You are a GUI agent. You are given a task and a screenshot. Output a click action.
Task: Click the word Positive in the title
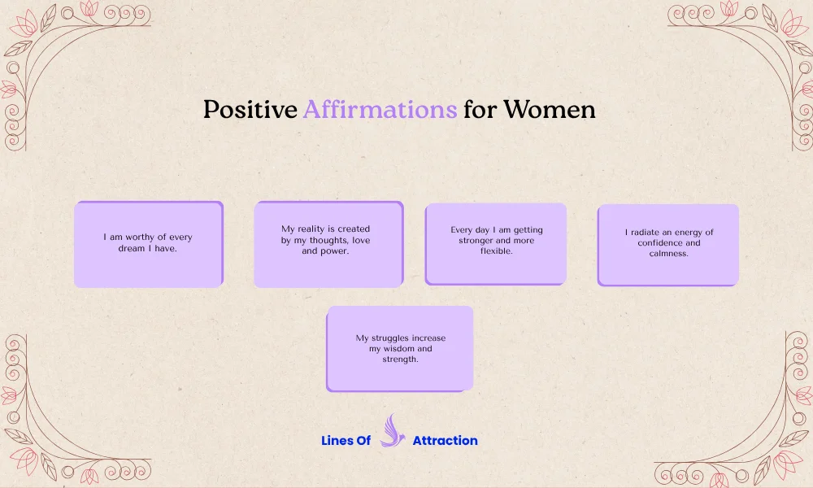pos(250,110)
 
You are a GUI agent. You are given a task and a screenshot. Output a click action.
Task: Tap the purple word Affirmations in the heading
pos(380,110)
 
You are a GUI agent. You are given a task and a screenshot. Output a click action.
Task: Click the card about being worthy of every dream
pos(148,244)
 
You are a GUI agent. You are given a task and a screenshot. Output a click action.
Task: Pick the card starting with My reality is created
pos(328,244)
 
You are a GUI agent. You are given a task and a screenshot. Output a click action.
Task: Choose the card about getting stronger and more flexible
pos(496,243)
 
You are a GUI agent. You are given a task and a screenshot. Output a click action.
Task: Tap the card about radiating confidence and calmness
pos(667,244)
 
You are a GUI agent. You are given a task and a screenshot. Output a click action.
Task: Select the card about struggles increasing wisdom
pos(400,348)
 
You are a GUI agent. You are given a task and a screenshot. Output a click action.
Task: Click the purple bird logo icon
pos(392,431)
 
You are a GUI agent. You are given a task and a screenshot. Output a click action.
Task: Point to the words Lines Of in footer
pos(346,441)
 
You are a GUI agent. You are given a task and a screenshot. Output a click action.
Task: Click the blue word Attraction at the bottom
pos(445,441)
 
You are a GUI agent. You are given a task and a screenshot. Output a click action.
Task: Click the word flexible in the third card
pos(496,251)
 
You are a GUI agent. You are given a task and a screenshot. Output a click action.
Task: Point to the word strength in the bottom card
pos(400,359)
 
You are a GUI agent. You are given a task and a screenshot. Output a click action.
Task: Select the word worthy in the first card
pos(141,237)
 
